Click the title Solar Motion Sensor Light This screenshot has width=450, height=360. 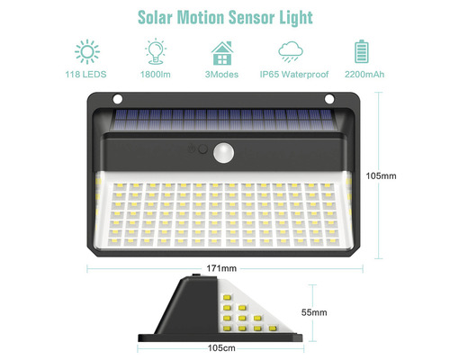[225, 16]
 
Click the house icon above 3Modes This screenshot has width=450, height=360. [224, 50]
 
